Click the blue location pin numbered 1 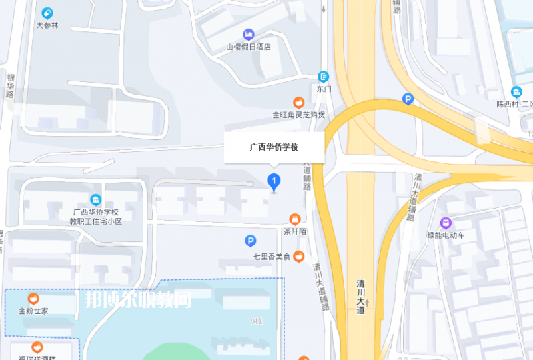(x=273, y=181)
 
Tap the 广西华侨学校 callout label (x=274, y=146)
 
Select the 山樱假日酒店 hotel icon (x=249, y=34)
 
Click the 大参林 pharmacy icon (x=47, y=13)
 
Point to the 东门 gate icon (x=324, y=77)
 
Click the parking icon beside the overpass (x=408, y=100)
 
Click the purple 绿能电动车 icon (x=446, y=223)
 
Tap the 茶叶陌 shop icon (x=294, y=219)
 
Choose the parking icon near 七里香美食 (x=250, y=241)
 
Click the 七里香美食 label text (x=272, y=257)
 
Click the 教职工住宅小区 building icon (x=96, y=200)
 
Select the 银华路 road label (x=10, y=85)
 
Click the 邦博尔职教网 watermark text (x=138, y=300)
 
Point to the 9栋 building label (x=257, y=321)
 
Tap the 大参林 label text (x=48, y=25)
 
